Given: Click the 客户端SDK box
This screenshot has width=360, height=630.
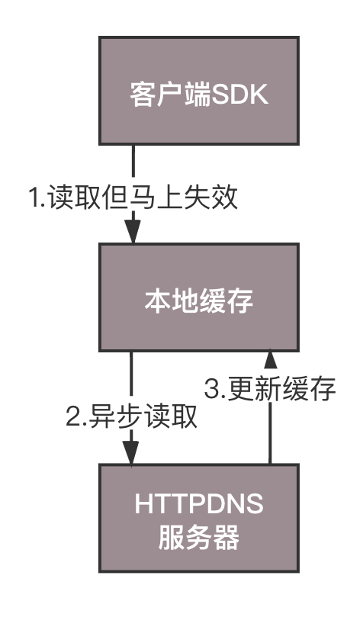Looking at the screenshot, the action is (199, 91).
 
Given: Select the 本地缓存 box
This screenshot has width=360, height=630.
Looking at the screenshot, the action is (199, 297).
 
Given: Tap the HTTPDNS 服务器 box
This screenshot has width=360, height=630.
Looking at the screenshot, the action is (199, 519).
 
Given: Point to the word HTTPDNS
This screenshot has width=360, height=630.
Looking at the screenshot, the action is (199, 504).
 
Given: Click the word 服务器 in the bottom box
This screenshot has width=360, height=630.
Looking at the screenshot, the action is (199, 537).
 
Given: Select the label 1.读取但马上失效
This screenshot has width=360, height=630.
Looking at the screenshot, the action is (133, 198).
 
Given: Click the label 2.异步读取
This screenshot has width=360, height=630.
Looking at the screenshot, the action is (132, 416).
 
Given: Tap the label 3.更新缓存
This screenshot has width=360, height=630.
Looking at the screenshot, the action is (270, 389).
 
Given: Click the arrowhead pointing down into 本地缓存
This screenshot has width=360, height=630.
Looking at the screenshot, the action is (133, 231).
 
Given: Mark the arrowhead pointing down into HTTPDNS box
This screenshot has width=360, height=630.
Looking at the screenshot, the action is (131, 452).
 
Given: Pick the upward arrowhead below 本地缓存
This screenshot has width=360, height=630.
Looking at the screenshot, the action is (271, 358).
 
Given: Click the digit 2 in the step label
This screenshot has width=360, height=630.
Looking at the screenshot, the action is (74, 417).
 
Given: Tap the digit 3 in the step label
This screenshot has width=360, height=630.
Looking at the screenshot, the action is (212, 390).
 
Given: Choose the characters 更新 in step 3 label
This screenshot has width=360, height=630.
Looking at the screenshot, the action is (255, 389).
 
